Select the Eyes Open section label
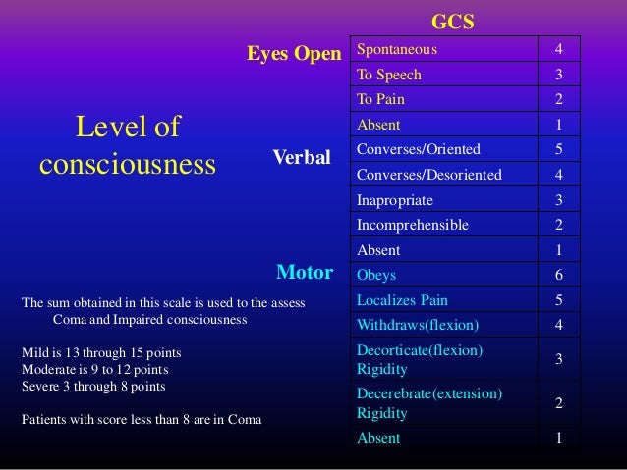(x=293, y=54)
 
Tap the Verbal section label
(x=302, y=157)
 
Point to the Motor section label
(x=305, y=270)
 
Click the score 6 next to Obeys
(x=559, y=275)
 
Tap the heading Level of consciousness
(x=128, y=145)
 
